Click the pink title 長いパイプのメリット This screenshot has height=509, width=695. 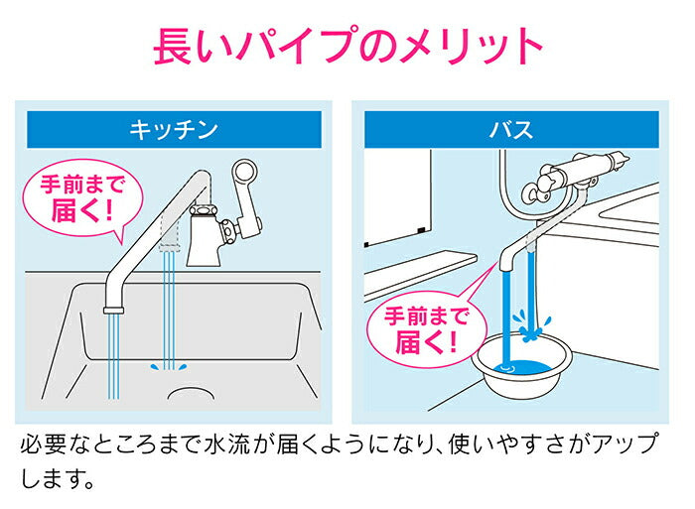pyautogui.click(x=347, y=46)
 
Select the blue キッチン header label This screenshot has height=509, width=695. pyautogui.click(x=174, y=129)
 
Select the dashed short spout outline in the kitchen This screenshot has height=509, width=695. pyautogui.click(x=168, y=234)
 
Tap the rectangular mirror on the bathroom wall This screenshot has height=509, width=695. pyautogui.click(x=398, y=198)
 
